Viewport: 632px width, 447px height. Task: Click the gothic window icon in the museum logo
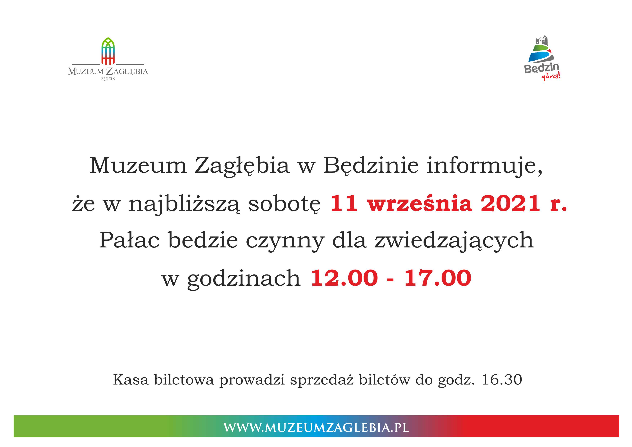108,51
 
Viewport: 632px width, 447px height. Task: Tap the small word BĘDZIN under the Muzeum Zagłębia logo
108,79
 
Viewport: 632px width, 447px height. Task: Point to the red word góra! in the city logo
551,77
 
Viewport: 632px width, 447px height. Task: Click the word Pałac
129,240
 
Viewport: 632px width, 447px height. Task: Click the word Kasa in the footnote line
131,380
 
